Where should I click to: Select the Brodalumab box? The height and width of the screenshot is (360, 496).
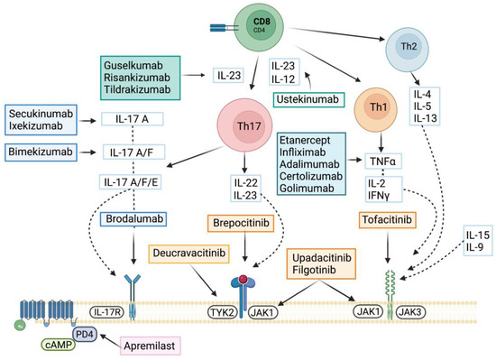point(126,217)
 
